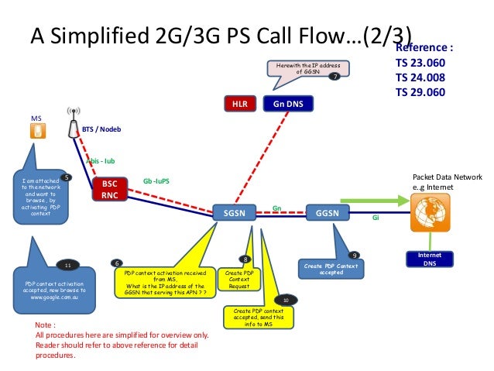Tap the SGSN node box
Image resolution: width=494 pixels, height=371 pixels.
[x=234, y=212]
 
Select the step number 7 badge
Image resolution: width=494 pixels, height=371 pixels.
[x=334, y=77]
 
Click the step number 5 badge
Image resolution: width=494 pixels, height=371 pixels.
[x=67, y=177]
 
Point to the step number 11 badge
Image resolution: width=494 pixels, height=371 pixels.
[x=67, y=265]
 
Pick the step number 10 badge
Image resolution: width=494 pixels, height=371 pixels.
[x=286, y=299]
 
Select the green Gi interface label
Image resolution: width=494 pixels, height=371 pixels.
[x=376, y=218]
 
